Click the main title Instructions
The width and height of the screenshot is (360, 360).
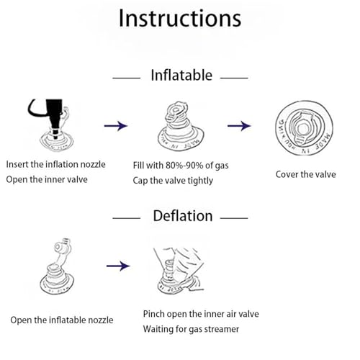(x=180, y=18)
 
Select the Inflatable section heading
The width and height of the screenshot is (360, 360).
(x=181, y=75)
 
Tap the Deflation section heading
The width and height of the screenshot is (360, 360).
(x=183, y=215)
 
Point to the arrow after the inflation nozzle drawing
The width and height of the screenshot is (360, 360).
(x=116, y=126)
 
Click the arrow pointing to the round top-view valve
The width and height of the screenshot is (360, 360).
(x=239, y=126)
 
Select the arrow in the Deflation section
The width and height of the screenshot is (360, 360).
(x=118, y=266)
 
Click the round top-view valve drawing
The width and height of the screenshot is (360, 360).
(x=304, y=128)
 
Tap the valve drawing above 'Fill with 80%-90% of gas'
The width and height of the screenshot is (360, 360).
(x=181, y=126)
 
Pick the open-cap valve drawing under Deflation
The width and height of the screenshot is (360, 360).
(x=57, y=266)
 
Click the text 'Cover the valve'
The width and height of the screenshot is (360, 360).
(x=305, y=174)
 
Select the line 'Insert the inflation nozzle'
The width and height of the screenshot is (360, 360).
(x=55, y=164)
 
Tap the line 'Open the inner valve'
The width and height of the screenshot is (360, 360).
(x=47, y=179)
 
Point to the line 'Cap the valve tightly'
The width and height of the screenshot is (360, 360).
(x=173, y=181)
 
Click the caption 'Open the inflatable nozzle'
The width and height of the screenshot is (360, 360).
(x=62, y=320)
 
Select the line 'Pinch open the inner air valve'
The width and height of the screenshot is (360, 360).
(x=201, y=314)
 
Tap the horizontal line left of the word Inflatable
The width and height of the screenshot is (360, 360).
(x=126, y=78)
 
